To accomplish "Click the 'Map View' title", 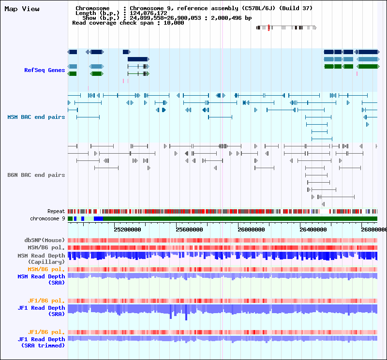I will (22, 9).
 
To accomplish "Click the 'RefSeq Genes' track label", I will (45, 70).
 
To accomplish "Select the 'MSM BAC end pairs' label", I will (36, 117).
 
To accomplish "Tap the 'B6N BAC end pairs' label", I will (36, 175).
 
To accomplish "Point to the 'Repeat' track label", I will (56, 211).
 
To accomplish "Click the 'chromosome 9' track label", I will (47, 218).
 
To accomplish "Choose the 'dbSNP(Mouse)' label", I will (45, 240).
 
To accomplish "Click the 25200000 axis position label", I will (127, 230).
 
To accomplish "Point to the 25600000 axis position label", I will (189, 230).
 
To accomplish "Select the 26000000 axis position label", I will (251, 230).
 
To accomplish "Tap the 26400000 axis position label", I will (313, 230).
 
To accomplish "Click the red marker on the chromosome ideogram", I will (268, 28).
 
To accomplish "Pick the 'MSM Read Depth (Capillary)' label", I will (41, 259).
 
